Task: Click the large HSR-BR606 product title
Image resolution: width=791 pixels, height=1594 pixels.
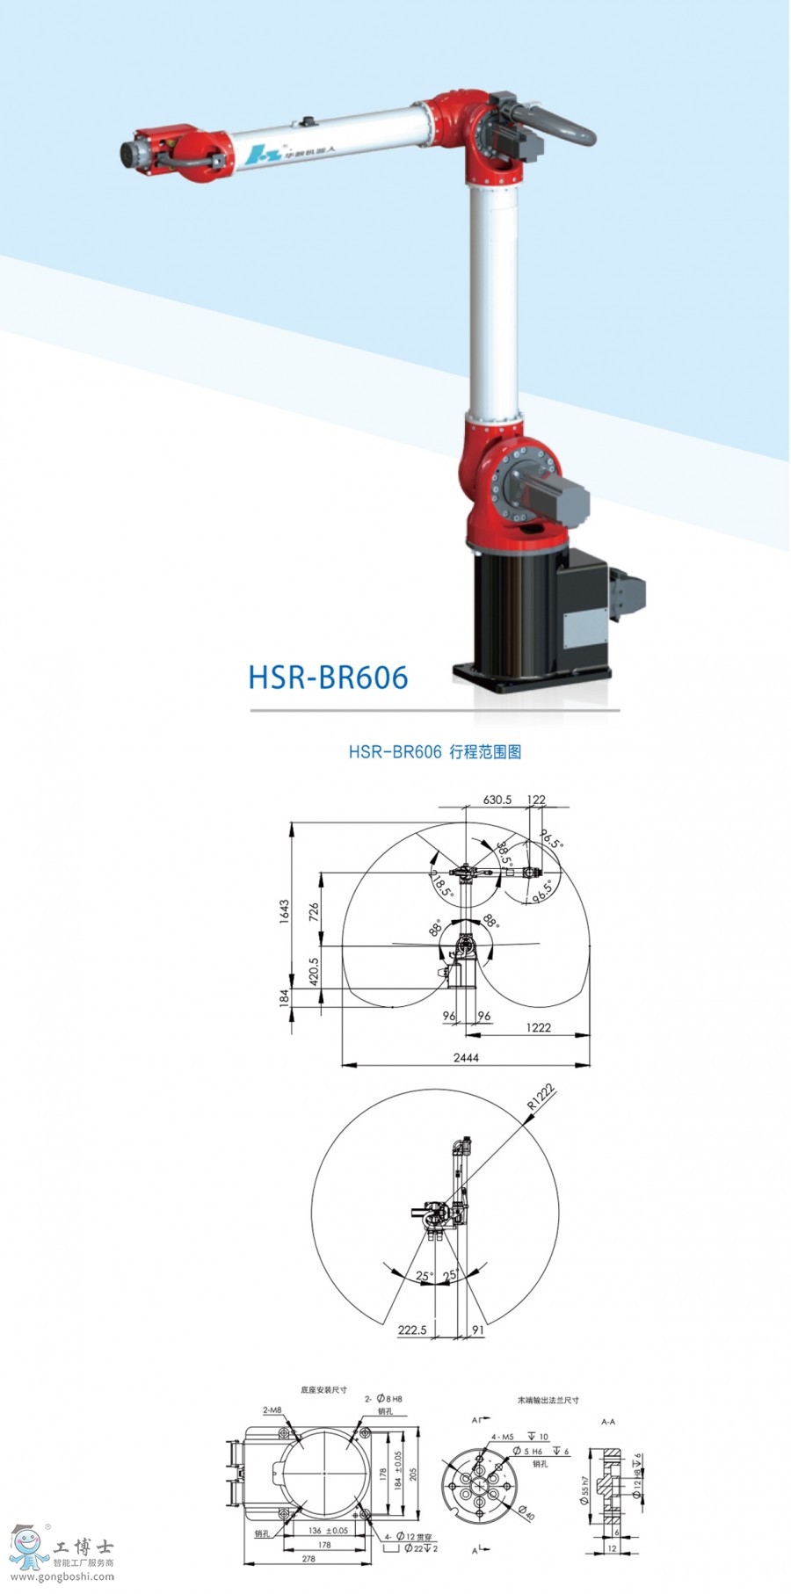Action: pyautogui.click(x=328, y=677)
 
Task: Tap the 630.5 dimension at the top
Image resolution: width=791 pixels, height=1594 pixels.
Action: pyautogui.click(x=497, y=800)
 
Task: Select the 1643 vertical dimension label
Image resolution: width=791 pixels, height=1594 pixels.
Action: pyautogui.click(x=285, y=911)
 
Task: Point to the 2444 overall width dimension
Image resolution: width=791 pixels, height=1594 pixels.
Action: pyautogui.click(x=466, y=1058)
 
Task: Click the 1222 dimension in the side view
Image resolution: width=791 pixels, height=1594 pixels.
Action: pyautogui.click(x=538, y=1027)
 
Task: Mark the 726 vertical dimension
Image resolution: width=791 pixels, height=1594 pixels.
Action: pyautogui.click(x=315, y=911)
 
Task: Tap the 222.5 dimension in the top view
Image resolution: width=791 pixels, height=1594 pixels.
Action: pyautogui.click(x=412, y=1330)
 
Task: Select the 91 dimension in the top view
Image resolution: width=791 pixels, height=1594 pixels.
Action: pyautogui.click(x=478, y=1330)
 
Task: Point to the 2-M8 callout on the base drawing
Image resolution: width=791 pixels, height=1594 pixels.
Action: pyautogui.click(x=272, y=1409)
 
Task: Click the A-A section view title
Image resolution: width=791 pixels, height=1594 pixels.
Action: pyautogui.click(x=608, y=1421)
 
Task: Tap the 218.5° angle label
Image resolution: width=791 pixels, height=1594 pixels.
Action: pyautogui.click(x=440, y=882)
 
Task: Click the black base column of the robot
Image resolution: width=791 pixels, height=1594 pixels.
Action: pyautogui.click(x=514, y=615)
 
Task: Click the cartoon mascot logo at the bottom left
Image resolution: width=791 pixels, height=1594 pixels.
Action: pyautogui.click(x=28, y=1548)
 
